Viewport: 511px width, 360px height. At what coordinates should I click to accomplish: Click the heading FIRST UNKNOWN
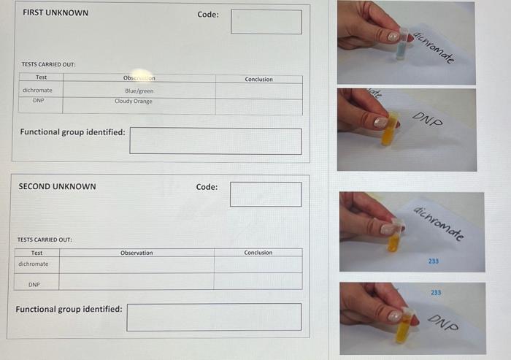click(x=55, y=12)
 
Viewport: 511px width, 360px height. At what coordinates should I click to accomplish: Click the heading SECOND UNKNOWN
click(x=57, y=186)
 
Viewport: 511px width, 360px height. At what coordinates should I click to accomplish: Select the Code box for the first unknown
click(x=266, y=22)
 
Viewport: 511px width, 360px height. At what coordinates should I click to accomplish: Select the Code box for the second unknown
click(x=266, y=194)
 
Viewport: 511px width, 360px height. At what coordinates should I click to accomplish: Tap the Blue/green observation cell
click(x=139, y=91)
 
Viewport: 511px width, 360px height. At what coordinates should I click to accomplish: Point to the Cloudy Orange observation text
click(x=134, y=102)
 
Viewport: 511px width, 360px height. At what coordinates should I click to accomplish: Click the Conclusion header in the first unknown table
click(x=258, y=79)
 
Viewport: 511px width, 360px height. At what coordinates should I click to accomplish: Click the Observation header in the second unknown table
click(x=137, y=253)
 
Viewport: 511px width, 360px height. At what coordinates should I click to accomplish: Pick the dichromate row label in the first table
click(x=37, y=91)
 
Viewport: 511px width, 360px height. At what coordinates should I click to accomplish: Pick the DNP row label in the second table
click(x=34, y=284)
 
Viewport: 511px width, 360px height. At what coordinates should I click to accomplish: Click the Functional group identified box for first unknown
click(x=215, y=141)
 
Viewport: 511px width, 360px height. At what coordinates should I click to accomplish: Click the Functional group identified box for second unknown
click(x=214, y=317)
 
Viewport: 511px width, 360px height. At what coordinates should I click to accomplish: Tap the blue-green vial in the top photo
click(x=401, y=46)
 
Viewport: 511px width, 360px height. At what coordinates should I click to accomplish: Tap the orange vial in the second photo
click(x=391, y=129)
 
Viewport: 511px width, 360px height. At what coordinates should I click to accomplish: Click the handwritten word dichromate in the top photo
click(x=434, y=47)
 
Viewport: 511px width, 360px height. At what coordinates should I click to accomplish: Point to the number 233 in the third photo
click(x=434, y=260)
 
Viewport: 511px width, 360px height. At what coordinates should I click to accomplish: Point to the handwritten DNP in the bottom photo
click(x=442, y=322)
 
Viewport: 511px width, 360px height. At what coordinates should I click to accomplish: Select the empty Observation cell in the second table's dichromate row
click(x=137, y=264)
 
